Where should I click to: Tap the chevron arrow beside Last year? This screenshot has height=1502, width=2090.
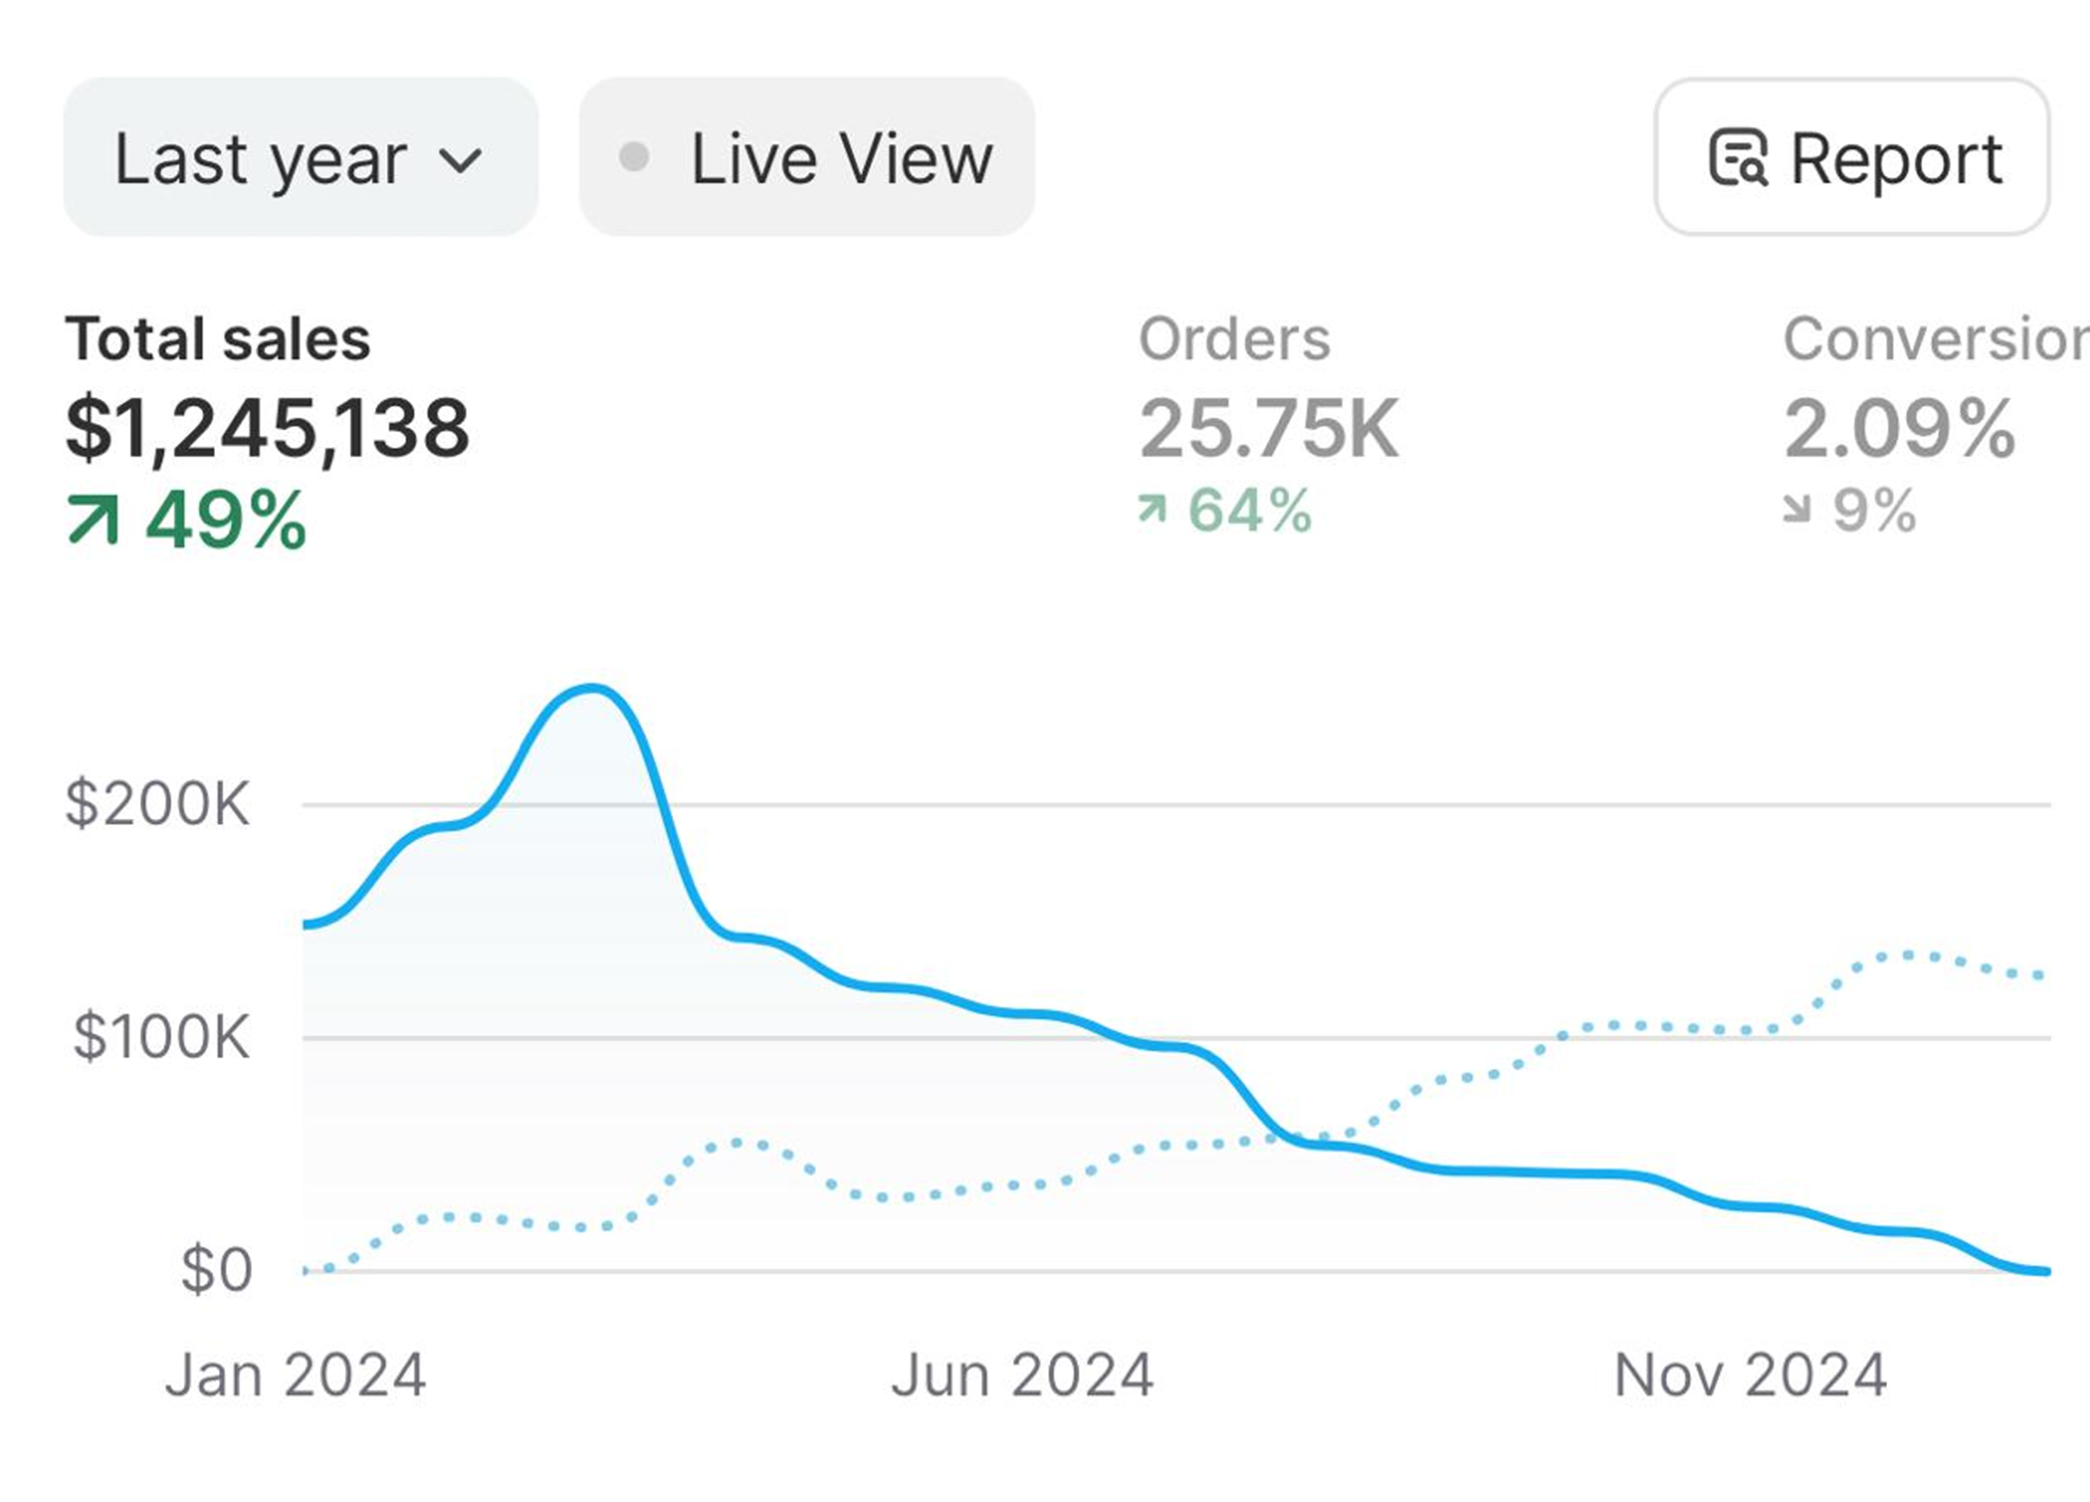(460, 161)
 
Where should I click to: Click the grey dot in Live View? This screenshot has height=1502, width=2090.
(634, 157)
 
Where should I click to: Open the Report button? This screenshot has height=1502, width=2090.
(1852, 157)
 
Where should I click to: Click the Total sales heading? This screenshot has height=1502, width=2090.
(218, 339)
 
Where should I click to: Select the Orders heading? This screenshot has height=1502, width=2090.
(1235, 339)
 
